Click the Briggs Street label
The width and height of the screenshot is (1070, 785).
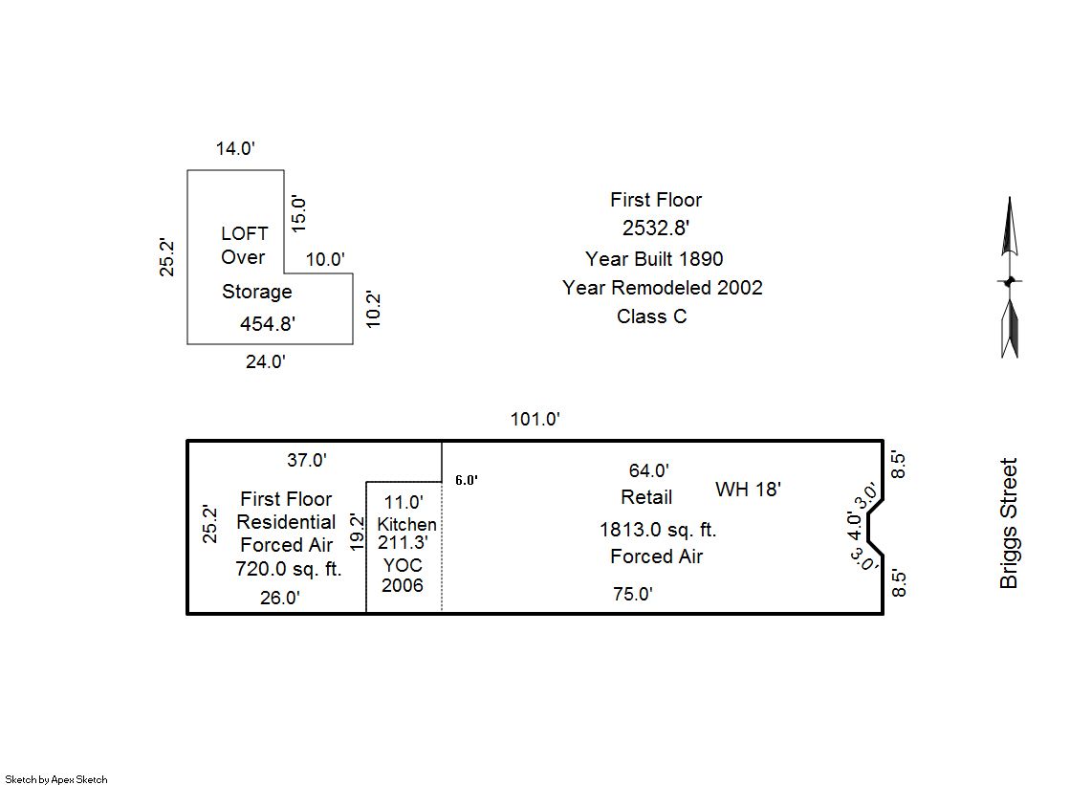click(1009, 524)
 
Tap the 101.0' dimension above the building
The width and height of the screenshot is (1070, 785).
click(535, 419)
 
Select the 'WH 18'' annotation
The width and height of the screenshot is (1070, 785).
click(748, 490)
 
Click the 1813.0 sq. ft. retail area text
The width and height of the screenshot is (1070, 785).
click(657, 530)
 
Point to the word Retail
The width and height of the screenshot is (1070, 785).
click(646, 497)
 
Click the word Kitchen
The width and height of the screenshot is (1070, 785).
click(406, 524)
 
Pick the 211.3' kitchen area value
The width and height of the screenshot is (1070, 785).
click(403, 542)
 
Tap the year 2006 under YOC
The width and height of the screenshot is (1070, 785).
click(403, 585)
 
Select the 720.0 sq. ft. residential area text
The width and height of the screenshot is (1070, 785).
click(288, 569)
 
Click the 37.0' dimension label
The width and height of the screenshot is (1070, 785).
click(307, 460)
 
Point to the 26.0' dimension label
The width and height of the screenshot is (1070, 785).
click(280, 599)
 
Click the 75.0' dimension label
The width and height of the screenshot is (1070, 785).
click(633, 594)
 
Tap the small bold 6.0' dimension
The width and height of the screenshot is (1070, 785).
click(466, 480)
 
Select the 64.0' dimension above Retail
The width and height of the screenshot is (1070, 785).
click(648, 470)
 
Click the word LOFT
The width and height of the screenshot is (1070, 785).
click(245, 233)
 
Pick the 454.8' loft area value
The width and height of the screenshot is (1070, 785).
click(267, 324)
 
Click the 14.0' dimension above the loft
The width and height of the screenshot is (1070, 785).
click(235, 148)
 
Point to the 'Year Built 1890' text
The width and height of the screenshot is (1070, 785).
click(654, 259)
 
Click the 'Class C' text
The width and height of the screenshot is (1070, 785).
click(651, 316)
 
